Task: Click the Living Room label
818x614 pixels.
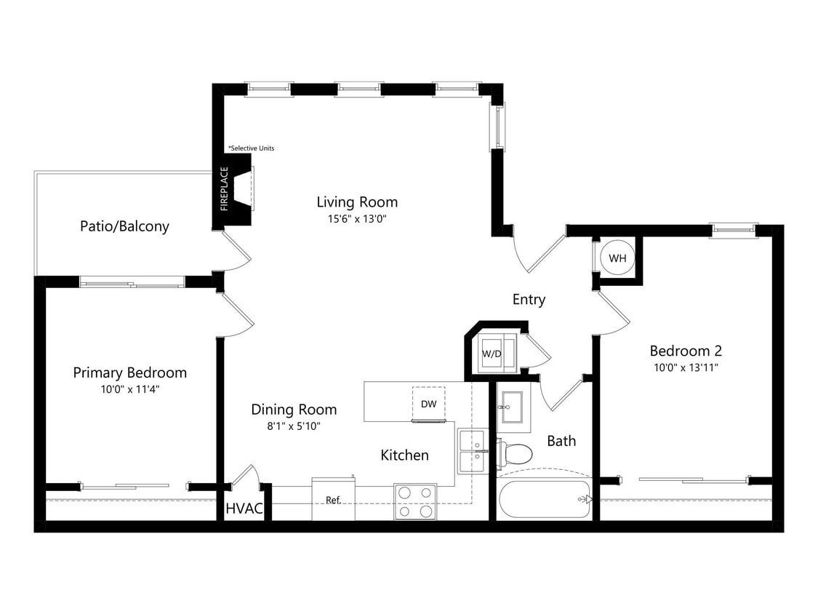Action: (357, 202)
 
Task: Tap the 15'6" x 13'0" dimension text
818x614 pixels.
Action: (356, 218)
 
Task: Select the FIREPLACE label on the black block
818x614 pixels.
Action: (225, 189)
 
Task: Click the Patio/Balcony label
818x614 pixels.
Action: (124, 226)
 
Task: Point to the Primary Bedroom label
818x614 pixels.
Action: (129, 372)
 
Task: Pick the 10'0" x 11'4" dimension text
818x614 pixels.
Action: (129, 389)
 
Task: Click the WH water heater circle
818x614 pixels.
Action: (617, 258)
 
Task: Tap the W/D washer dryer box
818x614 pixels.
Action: (492, 354)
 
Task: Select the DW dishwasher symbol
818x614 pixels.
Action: (428, 403)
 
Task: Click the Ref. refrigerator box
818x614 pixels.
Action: (333, 500)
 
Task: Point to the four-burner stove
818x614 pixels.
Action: (415, 502)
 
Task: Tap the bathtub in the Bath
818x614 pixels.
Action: (545, 499)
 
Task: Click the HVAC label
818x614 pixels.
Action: (244, 509)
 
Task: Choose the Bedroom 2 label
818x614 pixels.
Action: (686, 351)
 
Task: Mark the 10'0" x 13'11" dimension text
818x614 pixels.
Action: (686, 367)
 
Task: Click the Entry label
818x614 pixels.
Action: (529, 300)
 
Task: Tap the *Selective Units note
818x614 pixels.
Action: (252, 148)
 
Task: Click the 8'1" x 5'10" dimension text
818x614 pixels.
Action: (294, 426)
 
